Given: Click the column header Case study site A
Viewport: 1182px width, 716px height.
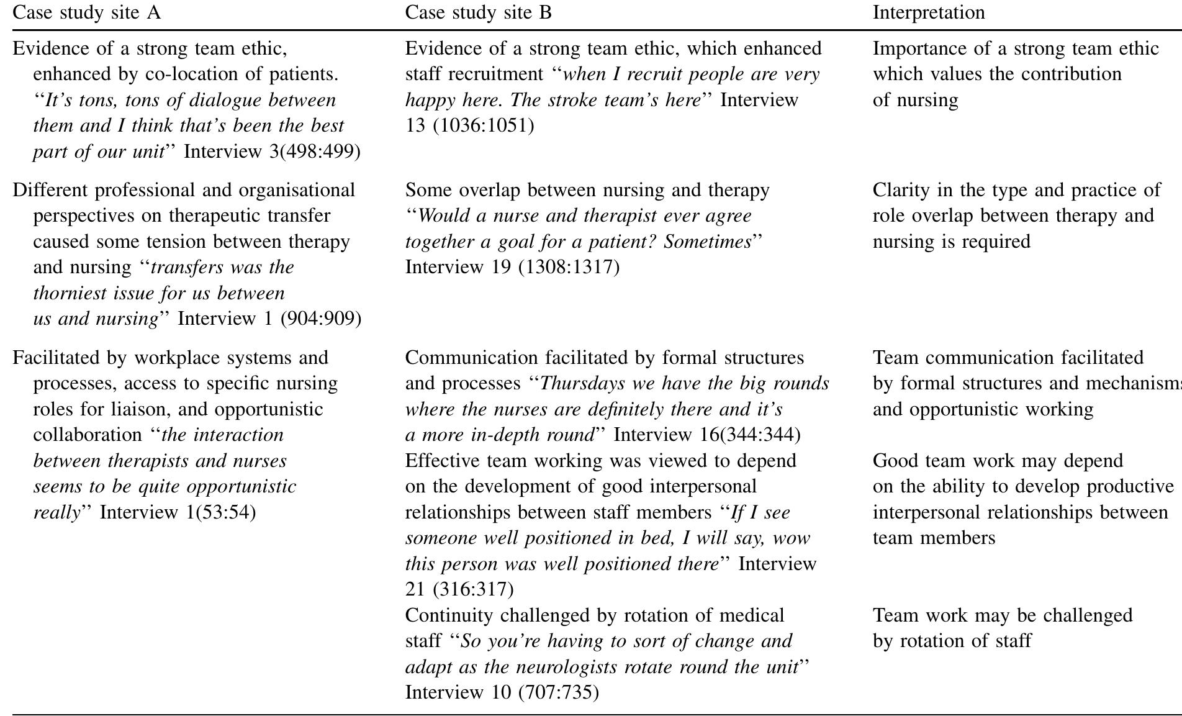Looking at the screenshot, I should click(86, 12).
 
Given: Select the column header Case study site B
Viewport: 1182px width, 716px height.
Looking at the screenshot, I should click(478, 12).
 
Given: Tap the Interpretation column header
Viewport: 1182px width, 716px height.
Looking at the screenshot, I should click(928, 12).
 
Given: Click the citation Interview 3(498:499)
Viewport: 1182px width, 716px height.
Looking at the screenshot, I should click(272, 152).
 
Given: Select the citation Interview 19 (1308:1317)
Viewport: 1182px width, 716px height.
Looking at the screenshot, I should click(512, 267).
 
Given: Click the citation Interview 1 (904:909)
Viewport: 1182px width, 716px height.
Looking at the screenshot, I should click(269, 319).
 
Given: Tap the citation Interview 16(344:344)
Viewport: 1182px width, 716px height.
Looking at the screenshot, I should click(706, 435).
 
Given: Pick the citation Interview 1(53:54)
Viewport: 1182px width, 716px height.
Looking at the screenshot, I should click(178, 512).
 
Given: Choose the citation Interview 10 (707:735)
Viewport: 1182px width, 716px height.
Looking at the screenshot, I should click(502, 692).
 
